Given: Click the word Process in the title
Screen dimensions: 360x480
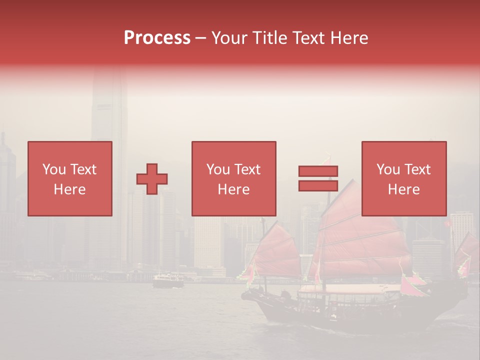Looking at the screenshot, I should (157, 38).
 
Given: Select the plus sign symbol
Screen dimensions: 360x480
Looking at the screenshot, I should (152, 179).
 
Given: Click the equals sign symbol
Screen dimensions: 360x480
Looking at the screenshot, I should (318, 178).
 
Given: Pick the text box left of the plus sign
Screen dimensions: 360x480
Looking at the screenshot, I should (70, 179).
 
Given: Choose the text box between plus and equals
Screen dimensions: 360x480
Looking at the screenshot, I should (233, 179).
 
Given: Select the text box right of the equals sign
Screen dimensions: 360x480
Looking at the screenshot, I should (403, 179).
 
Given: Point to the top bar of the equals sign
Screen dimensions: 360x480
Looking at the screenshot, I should (318, 171).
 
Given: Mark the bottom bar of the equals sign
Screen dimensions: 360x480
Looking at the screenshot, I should (318, 185).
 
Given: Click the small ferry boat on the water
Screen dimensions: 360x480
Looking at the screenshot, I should (168, 281).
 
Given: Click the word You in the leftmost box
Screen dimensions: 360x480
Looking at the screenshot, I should (54, 169).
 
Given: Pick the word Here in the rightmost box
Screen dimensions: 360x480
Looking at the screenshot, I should (403, 189).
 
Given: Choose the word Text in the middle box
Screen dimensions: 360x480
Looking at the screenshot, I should (247, 169).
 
